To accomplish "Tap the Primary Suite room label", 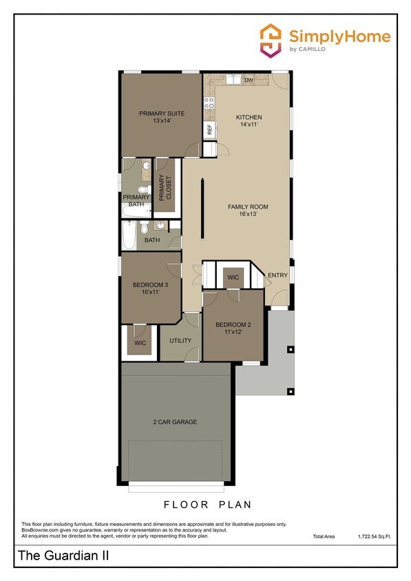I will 155,116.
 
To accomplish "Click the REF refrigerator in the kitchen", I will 209,129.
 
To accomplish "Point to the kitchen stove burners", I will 208,103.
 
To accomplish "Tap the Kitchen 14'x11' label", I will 249,121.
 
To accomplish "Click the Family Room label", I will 248,210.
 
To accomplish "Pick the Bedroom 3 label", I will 146,287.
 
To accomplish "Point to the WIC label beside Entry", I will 233,277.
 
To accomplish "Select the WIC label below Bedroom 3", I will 140,342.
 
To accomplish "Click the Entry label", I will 278,275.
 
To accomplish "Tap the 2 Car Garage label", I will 175,421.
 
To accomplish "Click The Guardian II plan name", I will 54,555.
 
